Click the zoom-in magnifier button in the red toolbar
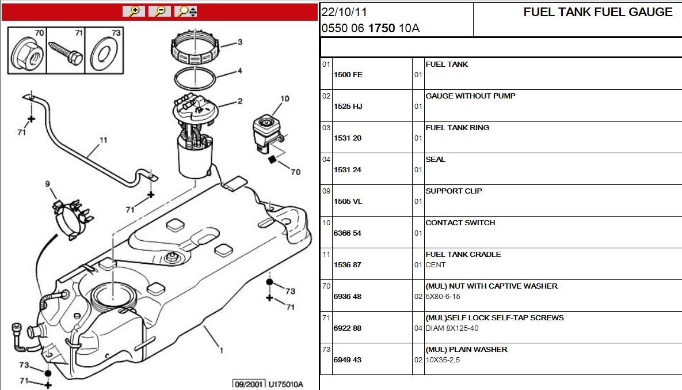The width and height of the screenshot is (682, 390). point(134,12)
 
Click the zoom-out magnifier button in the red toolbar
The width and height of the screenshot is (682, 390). point(159,12)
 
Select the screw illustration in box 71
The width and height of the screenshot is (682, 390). point(66,53)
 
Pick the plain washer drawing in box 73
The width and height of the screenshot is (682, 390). point(104,54)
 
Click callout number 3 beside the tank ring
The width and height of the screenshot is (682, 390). point(239,42)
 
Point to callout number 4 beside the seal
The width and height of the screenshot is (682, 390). point(239,70)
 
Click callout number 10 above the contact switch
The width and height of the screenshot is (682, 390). point(284,99)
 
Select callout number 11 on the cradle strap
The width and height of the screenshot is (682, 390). point(103,140)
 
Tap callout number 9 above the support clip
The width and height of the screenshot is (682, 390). point(47,184)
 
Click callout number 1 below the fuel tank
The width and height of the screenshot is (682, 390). point(222,350)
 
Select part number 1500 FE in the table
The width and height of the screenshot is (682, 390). point(348,74)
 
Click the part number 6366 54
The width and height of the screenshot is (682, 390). point(348,233)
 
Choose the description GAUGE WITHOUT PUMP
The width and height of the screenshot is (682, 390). point(470,96)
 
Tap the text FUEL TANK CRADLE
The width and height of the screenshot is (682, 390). point(463,254)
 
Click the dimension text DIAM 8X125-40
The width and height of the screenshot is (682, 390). point(452,328)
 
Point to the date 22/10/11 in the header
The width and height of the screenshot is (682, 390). point(344,12)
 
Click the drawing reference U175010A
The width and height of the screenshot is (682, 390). point(285,384)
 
